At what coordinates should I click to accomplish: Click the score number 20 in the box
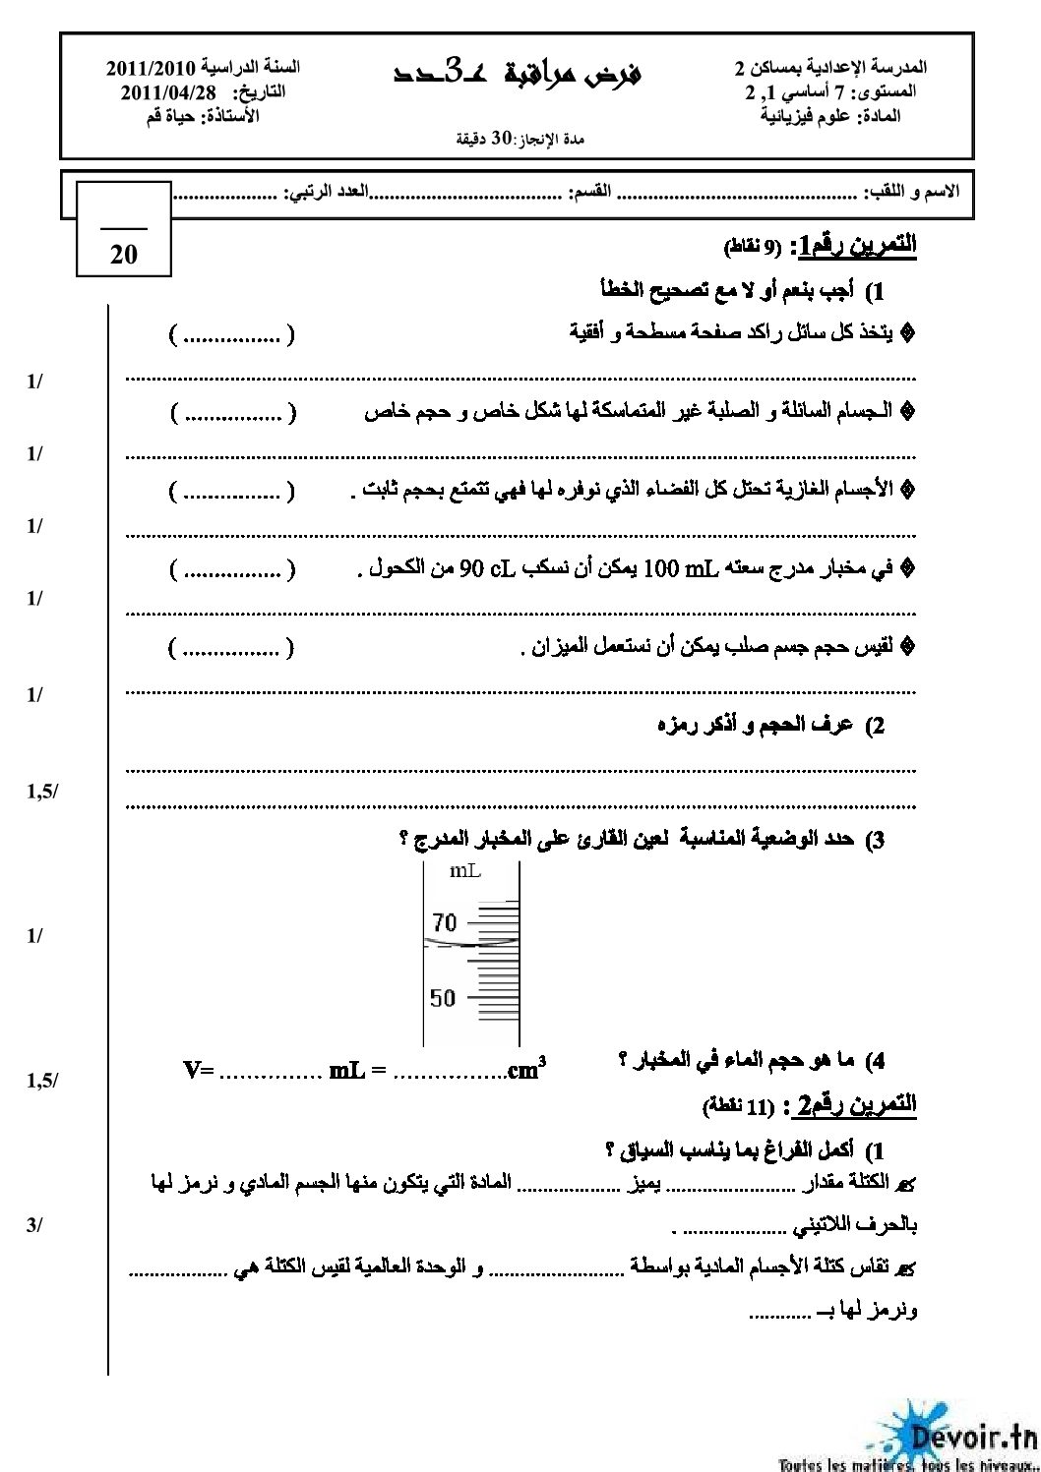click(x=124, y=255)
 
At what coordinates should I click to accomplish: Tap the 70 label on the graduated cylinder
click(x=444, y=923)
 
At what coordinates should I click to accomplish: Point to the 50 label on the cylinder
click(x=443, y=998)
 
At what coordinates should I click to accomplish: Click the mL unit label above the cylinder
click(x=464, y=871)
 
